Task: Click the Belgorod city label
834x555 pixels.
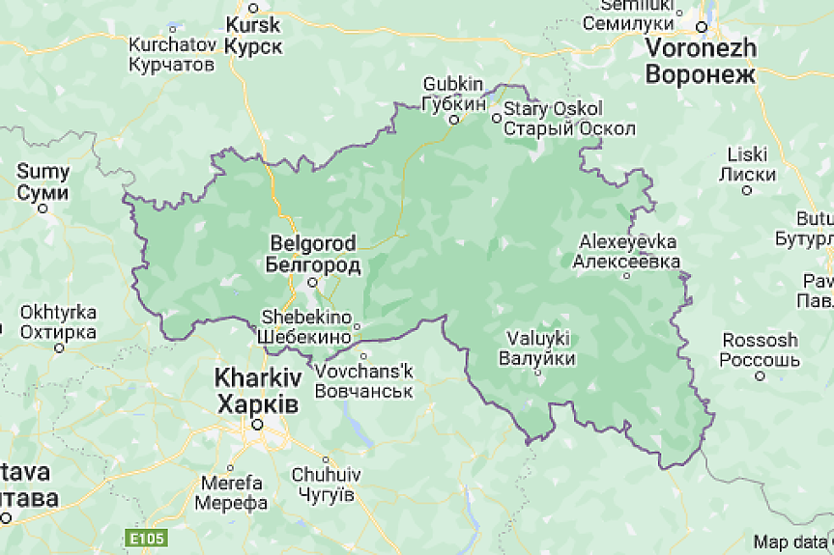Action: click(312, 254)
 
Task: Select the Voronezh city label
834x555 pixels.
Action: click(701, 60)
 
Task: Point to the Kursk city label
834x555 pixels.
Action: click(253, 35)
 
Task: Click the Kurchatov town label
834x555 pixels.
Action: click(172, 55)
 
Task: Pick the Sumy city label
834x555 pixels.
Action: click(43, 182)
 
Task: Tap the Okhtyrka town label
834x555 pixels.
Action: click(58, 322)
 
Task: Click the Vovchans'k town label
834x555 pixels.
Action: click(364, 381)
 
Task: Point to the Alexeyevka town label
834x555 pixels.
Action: click(627, 251)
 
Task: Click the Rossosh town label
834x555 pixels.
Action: click(759, 350)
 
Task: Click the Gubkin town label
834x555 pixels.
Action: click(453, 94)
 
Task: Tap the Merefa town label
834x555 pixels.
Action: click(230, 492)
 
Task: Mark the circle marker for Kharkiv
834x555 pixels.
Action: click(257, 423)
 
